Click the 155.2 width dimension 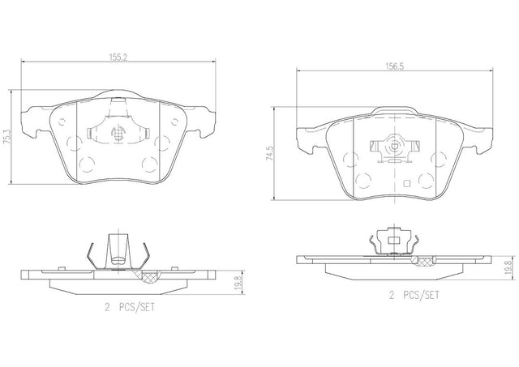click(118, 57)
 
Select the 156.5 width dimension click(395, 66)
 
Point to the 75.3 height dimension click(6, 136)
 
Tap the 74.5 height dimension click(270, 153)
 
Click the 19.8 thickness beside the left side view click(238, 283)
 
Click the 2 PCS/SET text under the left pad click(130, 308)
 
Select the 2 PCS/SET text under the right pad click(414, 295)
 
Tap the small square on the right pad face click(407, 183)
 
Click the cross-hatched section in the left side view click(150, 276)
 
